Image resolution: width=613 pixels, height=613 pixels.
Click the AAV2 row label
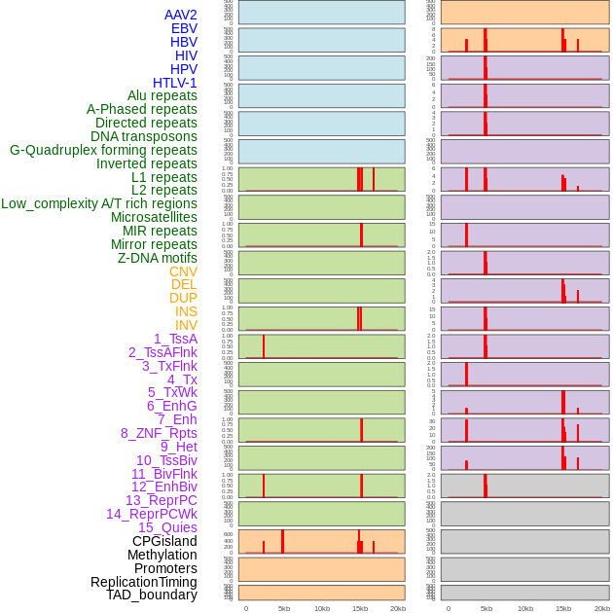[x=180, y=15]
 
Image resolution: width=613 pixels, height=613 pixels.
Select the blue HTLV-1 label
[x=174, y=83]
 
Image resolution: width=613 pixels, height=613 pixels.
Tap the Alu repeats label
[x=162, y=95]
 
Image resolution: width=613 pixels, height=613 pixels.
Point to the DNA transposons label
[x=144, y=136]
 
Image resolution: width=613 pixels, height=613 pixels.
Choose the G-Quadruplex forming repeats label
[x=103, y=150]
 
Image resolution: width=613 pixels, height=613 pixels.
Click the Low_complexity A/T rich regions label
[x=99, y=203]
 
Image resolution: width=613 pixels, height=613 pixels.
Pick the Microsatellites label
[x=154, y=217]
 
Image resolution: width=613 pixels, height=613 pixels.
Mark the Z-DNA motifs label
[x=158, y=258]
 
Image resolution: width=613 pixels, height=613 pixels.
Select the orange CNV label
[x=183, y=271]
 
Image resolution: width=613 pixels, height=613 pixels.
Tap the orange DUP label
[x=183, y=298]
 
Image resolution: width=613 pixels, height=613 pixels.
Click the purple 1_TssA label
[x=175, y=339]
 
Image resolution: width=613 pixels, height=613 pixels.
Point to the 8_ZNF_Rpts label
[x=159, y=433]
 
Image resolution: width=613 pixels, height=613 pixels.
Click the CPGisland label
[x=164, y=541]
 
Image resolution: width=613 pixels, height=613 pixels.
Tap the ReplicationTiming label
[x=144, y=582]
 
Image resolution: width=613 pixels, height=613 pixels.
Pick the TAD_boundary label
[x=152, y=595]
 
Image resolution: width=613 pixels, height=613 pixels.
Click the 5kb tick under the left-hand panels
[x=284, y=609]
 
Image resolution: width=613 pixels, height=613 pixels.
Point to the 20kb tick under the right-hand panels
[x=600, y=609]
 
